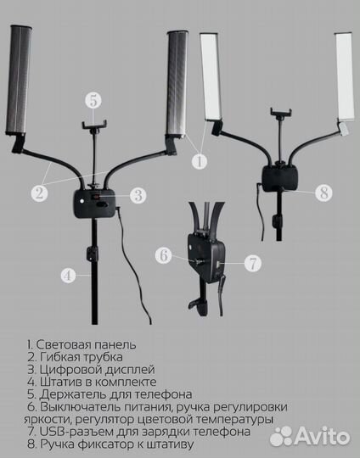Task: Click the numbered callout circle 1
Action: (198, 159)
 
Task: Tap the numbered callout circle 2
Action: (38, 193)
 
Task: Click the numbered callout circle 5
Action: (93, 100)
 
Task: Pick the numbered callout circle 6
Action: (166, 253)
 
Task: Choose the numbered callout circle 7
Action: (252, 263)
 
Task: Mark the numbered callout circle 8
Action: (323, 193)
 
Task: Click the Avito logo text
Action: (322, 436)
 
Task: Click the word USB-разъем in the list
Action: (74, 432)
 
